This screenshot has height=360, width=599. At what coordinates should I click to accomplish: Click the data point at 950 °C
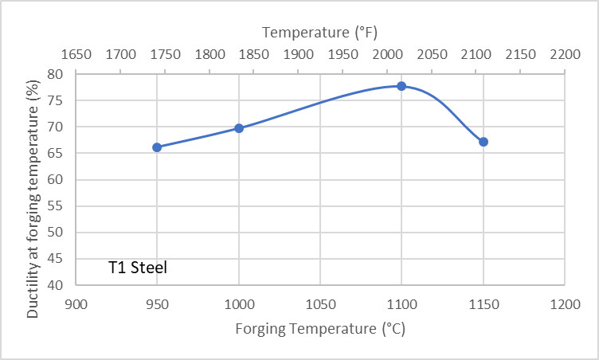coord(157,147)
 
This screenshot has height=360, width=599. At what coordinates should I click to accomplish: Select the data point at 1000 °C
coord(238,128)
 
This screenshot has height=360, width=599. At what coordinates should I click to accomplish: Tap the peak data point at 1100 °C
coord(401,86)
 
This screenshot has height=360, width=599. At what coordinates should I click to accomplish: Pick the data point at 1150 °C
coord(483,142)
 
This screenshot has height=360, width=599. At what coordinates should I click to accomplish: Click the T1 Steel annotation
coord(138,268)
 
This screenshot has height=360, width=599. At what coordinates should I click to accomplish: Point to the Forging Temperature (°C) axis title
coord(319,328)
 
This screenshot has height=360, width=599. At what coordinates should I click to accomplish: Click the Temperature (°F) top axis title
coord(319,33)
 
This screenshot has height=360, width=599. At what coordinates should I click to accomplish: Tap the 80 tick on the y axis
coord(55,74)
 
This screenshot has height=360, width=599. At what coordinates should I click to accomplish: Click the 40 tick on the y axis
coord(55,284)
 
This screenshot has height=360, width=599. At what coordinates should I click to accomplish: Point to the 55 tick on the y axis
coord(55,205)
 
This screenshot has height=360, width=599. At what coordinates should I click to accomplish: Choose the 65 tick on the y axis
coord(55,153)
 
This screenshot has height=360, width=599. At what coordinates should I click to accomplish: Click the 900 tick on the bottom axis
coord(76,303)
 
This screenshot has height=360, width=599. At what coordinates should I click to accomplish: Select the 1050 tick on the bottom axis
coord(319,303)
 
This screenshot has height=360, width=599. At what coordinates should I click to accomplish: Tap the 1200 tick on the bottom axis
coord(564,303)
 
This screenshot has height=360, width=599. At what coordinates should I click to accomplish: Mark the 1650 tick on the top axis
coord(76,55)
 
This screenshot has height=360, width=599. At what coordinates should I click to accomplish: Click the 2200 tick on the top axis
coord(564,55)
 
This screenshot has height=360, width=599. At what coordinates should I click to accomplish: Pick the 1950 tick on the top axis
coord(342,55)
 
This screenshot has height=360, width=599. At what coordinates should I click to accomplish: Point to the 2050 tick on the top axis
coord(431,55)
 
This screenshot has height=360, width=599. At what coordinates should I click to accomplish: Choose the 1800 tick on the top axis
coord(209,55)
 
